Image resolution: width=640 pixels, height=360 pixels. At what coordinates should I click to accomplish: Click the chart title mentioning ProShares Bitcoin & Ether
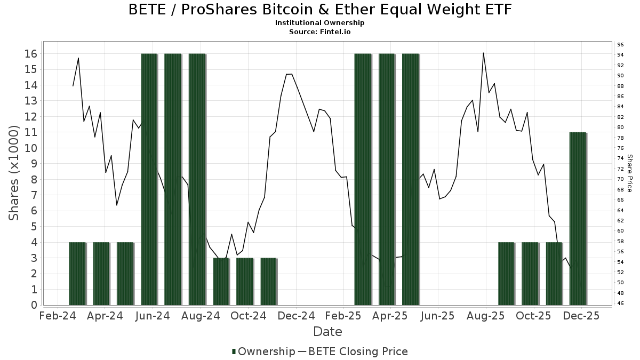pos(320,10)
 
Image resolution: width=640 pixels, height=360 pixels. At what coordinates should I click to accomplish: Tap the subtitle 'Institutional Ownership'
pos(320,23)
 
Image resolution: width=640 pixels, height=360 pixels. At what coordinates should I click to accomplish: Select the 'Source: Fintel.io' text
pos(320,32)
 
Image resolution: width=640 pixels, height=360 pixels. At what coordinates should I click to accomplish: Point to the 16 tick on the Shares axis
pos(30,54)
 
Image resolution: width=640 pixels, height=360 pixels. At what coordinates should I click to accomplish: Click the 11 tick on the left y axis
pos(30,132)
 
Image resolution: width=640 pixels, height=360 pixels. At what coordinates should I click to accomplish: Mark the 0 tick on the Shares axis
pos(33,305)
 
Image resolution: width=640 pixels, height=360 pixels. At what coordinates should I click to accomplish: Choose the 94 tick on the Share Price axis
pos(621,54)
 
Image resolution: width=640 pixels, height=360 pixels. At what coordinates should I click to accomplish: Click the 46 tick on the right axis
pos(621,303)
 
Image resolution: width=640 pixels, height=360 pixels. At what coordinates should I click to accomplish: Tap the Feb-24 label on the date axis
pos(57,316)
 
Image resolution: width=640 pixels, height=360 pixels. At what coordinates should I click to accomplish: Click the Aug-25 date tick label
pos(486,316)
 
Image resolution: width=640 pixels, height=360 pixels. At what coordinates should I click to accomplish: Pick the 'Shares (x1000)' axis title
pos(14,173)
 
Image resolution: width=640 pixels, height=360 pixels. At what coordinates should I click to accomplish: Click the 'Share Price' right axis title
pos(629,173)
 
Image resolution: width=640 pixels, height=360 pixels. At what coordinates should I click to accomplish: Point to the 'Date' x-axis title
pos(327,332)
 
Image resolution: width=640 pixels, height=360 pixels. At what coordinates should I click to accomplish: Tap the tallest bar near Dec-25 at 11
pos(578,219)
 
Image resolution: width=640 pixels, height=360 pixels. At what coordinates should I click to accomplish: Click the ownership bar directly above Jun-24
pos(149,179)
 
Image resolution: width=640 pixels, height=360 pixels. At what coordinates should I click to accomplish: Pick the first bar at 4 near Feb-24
pos(77,274)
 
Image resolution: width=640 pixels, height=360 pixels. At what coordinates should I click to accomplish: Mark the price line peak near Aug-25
pos(483,53)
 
